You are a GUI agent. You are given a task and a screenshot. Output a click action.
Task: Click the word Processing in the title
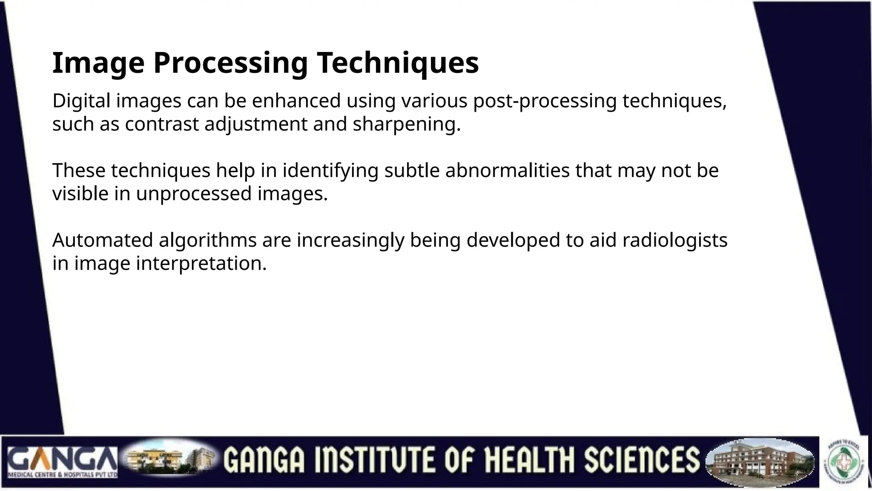pos(230,63)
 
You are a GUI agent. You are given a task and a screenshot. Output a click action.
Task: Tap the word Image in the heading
pos(98,63)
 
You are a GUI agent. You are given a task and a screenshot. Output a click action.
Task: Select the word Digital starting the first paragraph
pos(81,101)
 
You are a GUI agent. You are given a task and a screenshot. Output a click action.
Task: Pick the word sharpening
pos(407,124)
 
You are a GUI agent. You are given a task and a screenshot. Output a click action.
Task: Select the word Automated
pos(103,240)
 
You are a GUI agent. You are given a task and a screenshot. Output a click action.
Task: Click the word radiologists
pos(674,240)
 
